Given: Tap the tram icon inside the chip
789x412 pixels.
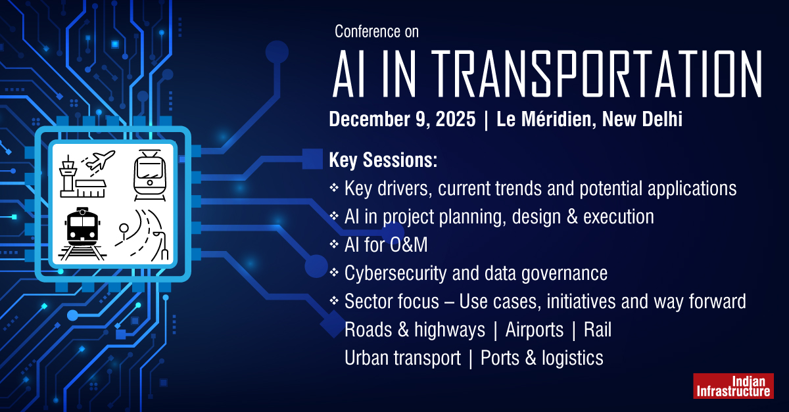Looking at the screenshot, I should coord(148,174).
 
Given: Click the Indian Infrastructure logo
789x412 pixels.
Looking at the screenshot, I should coord(732,386).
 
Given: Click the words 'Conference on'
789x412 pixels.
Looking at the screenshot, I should coord(376,31).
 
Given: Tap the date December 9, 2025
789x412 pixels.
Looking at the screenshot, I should coord(402,120).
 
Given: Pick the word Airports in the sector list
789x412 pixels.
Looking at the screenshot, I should coord(534,330).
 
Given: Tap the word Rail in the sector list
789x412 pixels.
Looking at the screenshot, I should coord(597,330).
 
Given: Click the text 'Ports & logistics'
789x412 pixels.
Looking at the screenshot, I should coord(542,358).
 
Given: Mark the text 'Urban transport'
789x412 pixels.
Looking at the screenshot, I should coord(402,358).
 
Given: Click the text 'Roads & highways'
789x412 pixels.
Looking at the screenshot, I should coord(414,330).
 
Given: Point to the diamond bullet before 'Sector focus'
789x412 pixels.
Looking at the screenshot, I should coord(333,302).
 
